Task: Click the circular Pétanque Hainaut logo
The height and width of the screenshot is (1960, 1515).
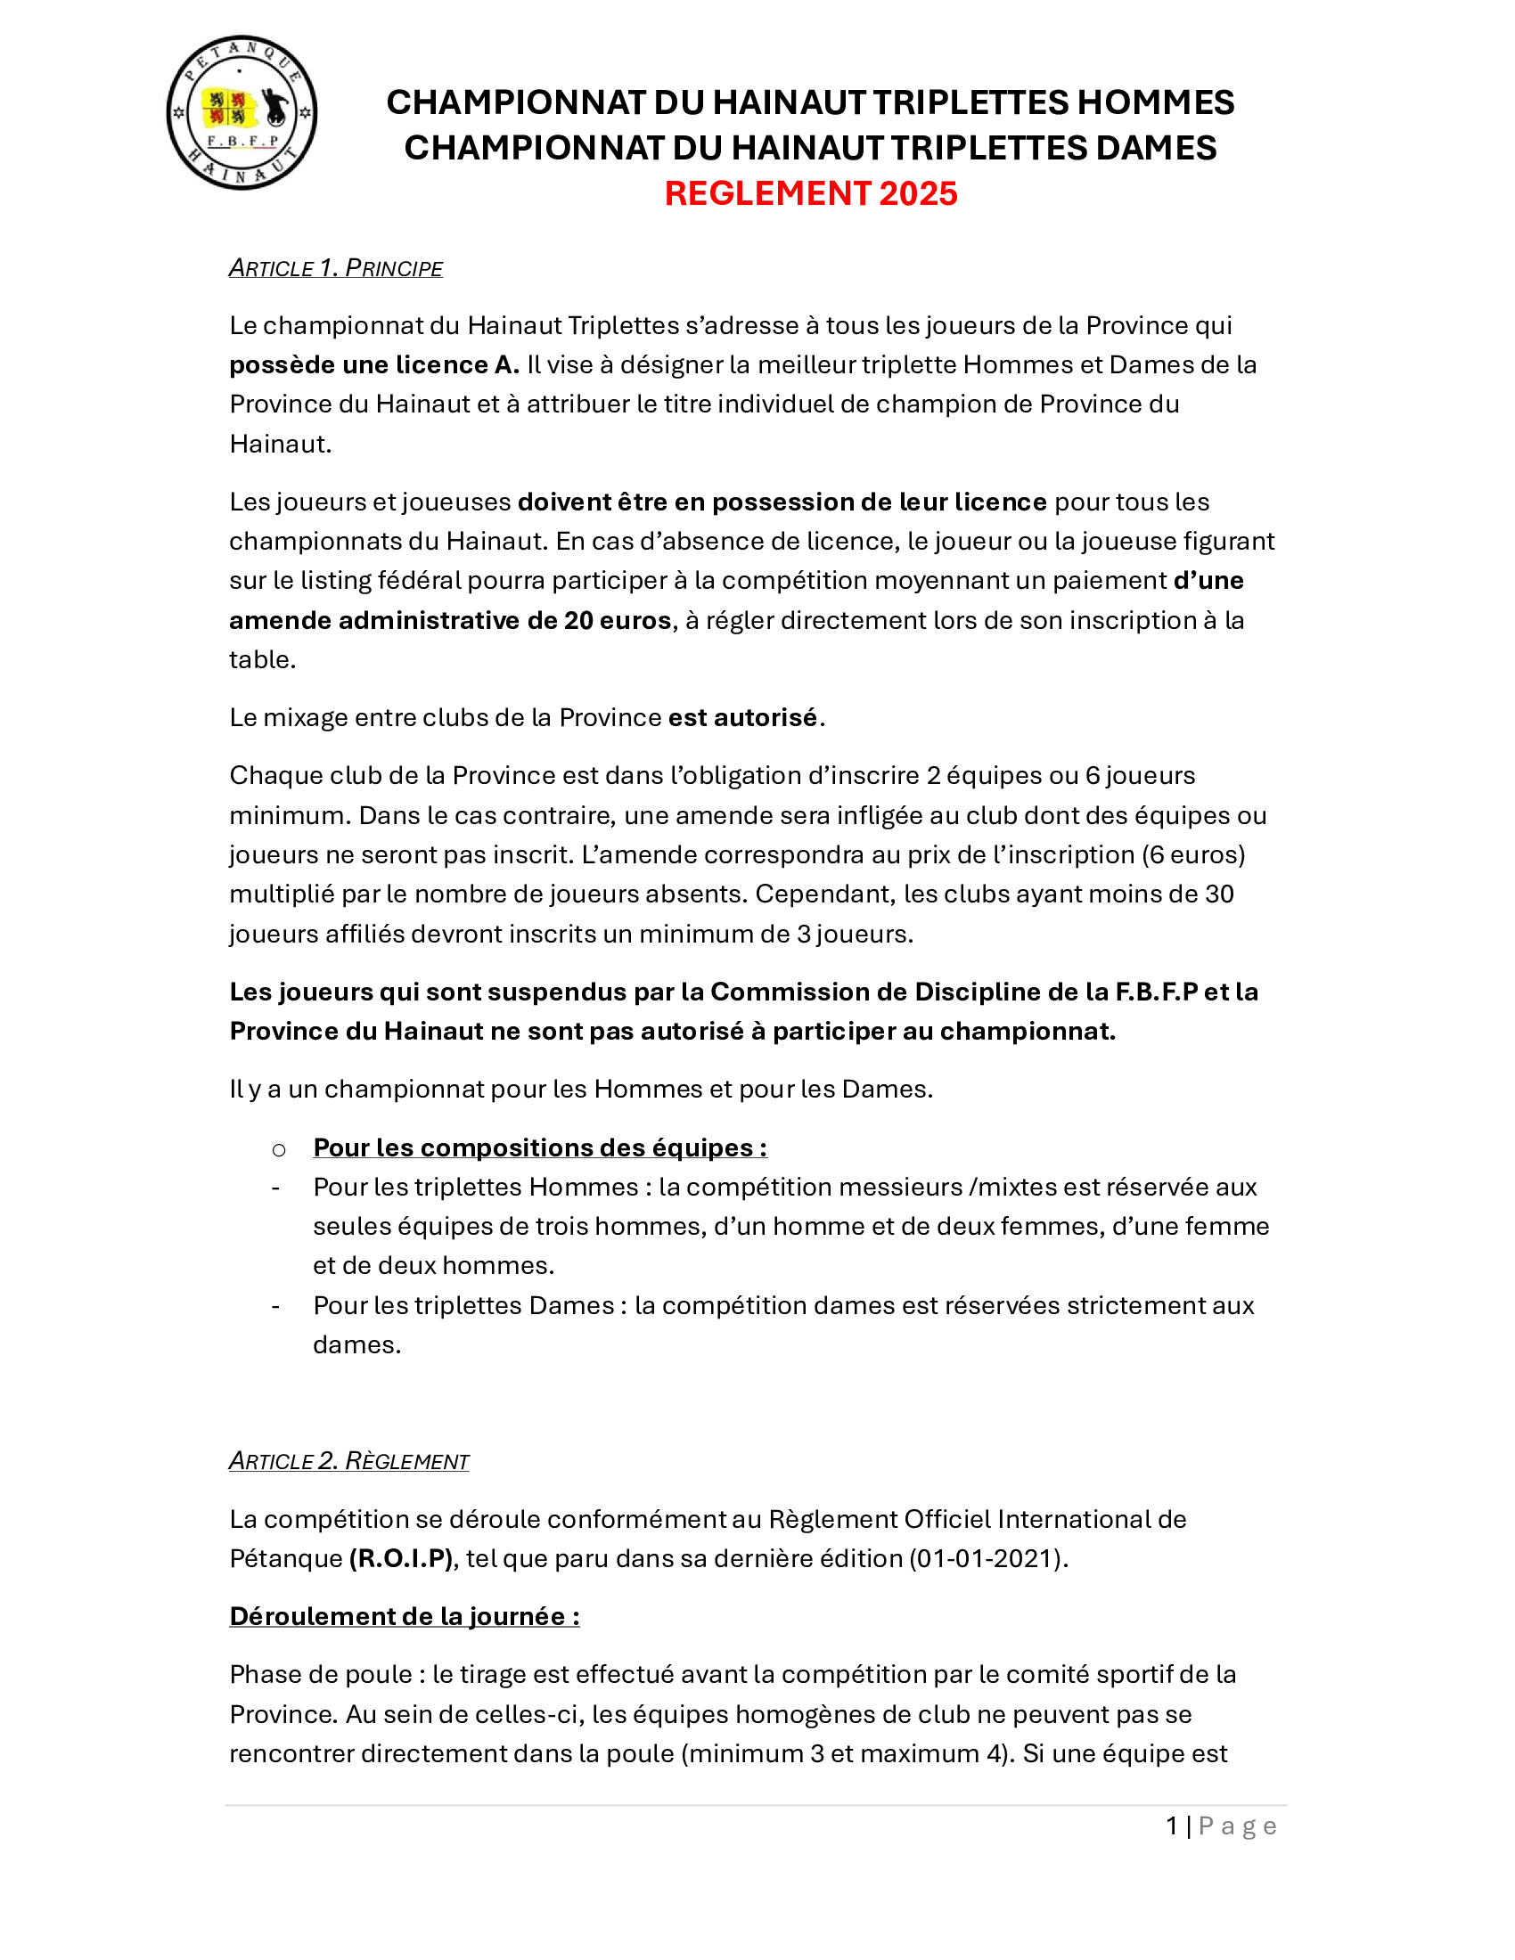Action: click(x=242, y=113)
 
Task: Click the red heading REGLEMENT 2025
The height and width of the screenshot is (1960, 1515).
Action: click(x=810, y=194)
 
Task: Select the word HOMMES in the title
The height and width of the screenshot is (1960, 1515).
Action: click(x=1155, y=102)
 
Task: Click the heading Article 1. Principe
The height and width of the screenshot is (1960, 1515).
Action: click(x=336, y=268)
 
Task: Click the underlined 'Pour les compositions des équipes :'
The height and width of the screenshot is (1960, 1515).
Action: click(x=539, y=1147)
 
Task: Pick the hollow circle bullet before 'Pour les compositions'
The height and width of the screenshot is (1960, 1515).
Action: click(x=279, y=1149)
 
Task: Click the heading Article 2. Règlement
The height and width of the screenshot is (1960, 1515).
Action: click(x=348, y=1462)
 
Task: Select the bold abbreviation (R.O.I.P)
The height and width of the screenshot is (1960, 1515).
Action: click(x=400, y=1559)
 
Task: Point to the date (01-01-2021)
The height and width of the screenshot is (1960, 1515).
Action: click(x=988, y=1559)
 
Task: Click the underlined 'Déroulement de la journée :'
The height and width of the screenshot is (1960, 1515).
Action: click(x=404, y=1617)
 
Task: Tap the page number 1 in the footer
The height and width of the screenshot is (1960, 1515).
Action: click(x=1172, y=1826)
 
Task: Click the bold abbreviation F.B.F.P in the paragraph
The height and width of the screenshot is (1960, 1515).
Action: click(x=1156, y=992)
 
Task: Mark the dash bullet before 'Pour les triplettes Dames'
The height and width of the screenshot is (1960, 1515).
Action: click(x=275, y=1306)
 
